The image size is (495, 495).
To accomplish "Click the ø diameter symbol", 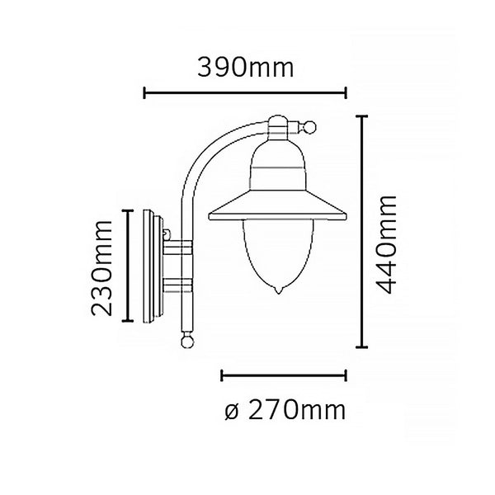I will pos(230,410).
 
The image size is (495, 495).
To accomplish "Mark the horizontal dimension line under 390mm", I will pos(246,92).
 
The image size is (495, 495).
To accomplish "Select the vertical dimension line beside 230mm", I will pos(127,266).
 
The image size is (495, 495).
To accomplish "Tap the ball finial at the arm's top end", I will pos(311,128).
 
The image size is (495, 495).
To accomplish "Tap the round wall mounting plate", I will pos(152,266).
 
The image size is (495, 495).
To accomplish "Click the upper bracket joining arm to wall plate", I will pos(178,247).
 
